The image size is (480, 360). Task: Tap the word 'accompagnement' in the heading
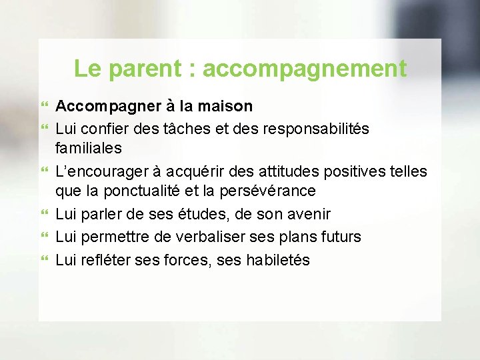(305, 69)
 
